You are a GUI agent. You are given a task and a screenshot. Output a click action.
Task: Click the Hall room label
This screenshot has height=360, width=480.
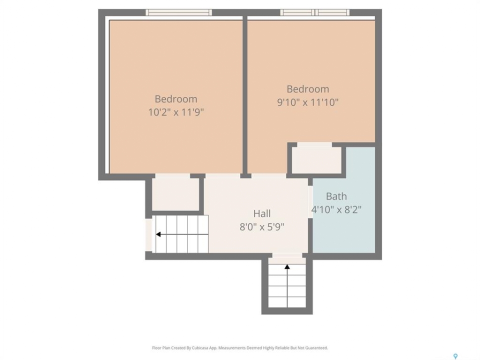[262, 213]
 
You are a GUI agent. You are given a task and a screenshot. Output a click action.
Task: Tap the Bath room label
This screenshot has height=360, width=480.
[336, 196]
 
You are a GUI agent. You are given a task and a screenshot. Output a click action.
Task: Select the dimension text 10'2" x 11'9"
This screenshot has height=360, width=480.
[176, 112]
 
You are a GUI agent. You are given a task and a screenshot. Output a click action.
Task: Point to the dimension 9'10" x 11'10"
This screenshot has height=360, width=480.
[308, 102]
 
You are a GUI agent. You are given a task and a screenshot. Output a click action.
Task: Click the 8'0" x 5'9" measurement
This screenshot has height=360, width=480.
[262, 227]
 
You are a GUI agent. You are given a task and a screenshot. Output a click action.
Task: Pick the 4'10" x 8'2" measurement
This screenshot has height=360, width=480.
[336, 209]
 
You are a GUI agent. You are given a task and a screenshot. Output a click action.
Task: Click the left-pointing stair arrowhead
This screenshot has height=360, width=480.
[158, 234]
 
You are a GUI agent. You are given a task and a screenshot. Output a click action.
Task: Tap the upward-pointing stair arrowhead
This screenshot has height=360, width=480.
[287, 267]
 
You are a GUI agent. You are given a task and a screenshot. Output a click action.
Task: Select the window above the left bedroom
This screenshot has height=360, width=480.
[178, 12]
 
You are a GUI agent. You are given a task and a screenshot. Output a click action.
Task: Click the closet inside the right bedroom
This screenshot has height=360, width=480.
[316, 160]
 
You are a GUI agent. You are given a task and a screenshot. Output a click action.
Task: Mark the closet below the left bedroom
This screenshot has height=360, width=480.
[175, 194]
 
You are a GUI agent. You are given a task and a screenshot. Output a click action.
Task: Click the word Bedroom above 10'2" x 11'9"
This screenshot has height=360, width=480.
[176, 99]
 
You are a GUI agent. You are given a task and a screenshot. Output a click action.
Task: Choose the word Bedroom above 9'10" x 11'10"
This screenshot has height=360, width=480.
[308, 89]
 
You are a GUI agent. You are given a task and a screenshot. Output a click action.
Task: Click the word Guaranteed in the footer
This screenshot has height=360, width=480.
[317, 348]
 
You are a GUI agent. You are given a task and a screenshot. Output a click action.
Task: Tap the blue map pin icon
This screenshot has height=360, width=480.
[455, 356]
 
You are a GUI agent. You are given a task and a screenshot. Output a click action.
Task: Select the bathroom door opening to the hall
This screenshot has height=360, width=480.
[310, 201]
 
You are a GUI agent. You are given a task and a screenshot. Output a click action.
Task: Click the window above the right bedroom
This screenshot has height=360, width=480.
[314, 12]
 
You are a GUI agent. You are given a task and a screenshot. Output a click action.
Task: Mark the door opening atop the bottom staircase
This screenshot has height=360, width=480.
[287, 255]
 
